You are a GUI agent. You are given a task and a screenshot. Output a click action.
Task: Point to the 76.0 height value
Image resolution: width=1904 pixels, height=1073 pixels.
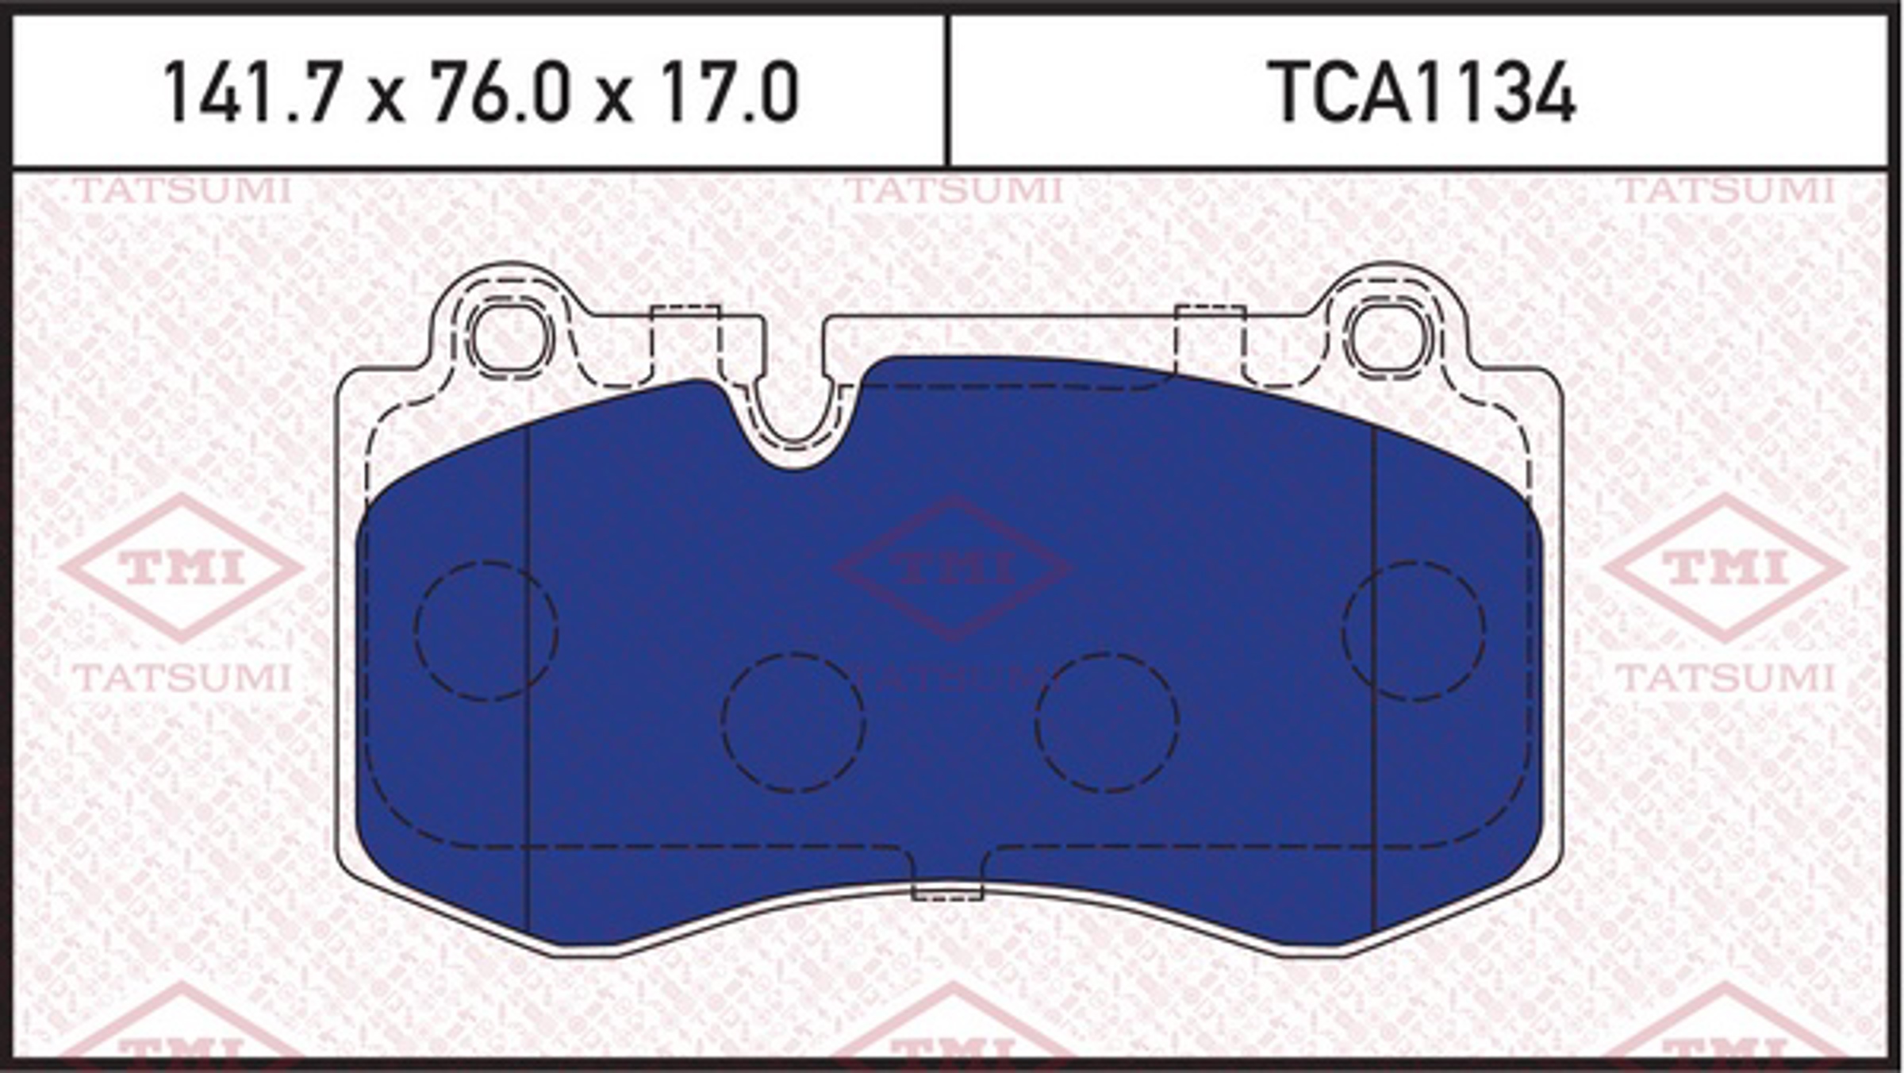[x=501, y=93]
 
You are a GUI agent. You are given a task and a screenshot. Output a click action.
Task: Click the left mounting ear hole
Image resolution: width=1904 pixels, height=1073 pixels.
[x=509, y=339]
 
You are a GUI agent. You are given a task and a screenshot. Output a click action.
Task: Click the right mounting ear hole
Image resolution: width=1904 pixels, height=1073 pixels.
[x=1390, y=339]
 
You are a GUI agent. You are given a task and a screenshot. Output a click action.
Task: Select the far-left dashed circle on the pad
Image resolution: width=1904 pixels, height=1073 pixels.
[x=486, y=631]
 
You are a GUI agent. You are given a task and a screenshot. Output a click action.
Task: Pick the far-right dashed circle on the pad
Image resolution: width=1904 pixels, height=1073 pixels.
[x=1415, y=631]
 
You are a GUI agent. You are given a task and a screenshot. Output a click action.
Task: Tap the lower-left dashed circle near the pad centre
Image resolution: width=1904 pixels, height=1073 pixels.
[x=793, y=722]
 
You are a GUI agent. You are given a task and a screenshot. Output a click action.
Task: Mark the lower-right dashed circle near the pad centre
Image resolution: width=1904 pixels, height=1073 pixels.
[x=1107, y=722]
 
